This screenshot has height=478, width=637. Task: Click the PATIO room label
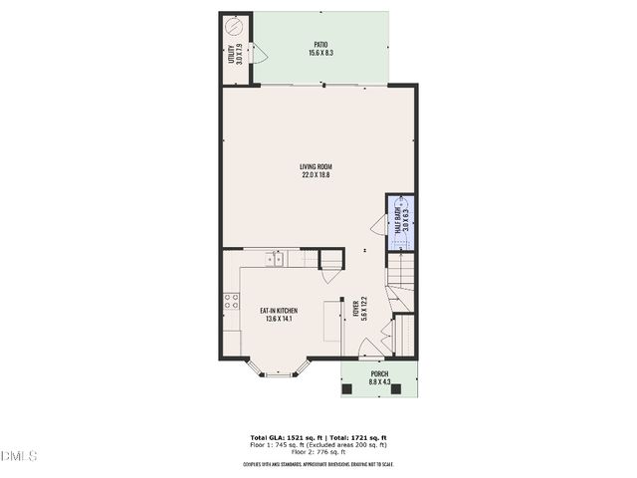pos(319,48)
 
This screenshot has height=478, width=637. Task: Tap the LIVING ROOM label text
pos(317,170)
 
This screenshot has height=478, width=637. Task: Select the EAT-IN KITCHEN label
pos(279,315)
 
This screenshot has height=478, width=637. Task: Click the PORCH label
pos(378,378)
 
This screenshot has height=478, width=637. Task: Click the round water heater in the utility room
pos(235,25)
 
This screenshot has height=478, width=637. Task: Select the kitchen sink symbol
pos(275,260)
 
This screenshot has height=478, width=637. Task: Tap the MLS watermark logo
pos(19,456)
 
